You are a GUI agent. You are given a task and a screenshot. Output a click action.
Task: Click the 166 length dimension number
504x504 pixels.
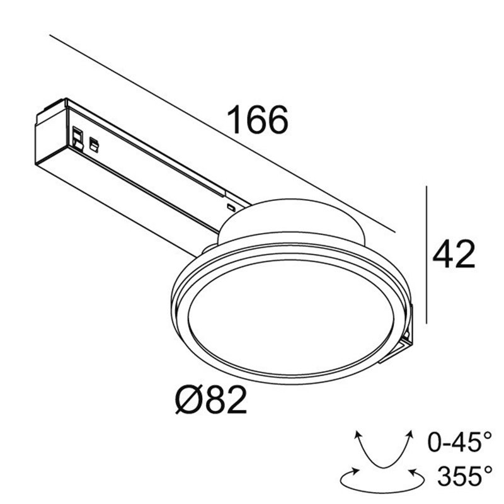[x=258, y=120]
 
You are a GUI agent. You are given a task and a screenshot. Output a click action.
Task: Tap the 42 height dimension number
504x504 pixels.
[x=454, y=254]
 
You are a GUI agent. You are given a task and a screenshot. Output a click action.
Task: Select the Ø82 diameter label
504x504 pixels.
[x=211, y=399]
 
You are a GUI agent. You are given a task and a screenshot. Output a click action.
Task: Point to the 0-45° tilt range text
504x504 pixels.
[x=460, y=442]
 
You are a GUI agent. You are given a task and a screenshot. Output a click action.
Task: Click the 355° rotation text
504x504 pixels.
[x=464, y=476]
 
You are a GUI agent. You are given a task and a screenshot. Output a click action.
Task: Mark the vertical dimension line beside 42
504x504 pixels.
[x=427, y=255]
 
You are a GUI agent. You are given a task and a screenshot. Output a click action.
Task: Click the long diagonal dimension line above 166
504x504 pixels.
[x=222, y=133]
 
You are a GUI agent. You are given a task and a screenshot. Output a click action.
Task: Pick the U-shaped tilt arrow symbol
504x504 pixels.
[x=383, y=450]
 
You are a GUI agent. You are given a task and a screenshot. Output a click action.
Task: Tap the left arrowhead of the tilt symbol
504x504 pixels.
[x=357, y=434]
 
